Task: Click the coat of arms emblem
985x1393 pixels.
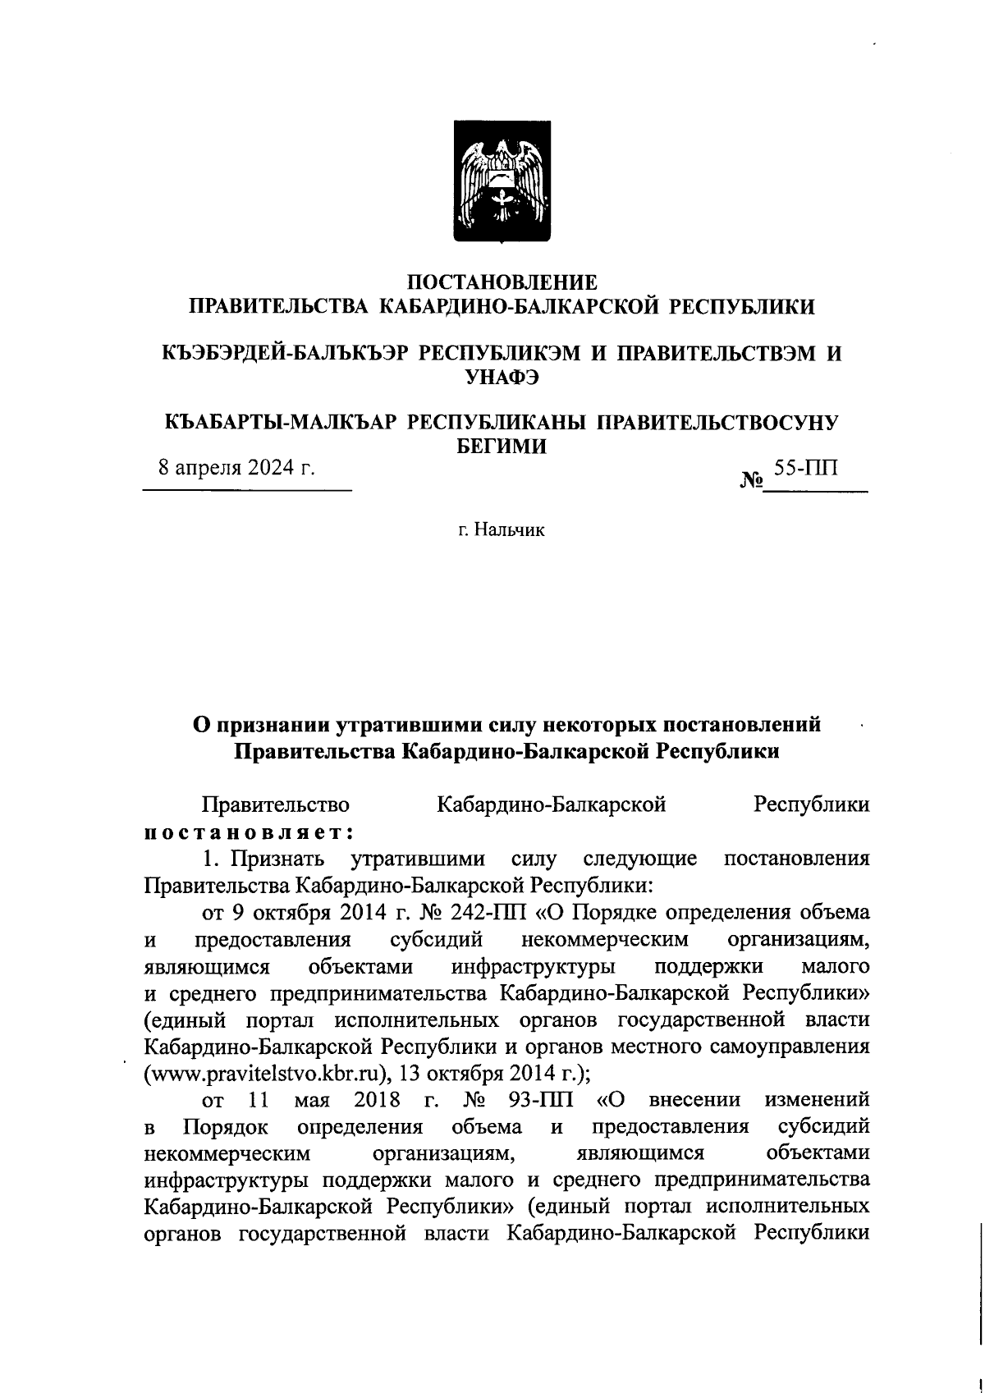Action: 503,181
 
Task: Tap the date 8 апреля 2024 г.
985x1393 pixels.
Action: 237,468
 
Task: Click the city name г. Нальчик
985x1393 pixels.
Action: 502,530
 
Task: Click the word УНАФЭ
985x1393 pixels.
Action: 502,378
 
